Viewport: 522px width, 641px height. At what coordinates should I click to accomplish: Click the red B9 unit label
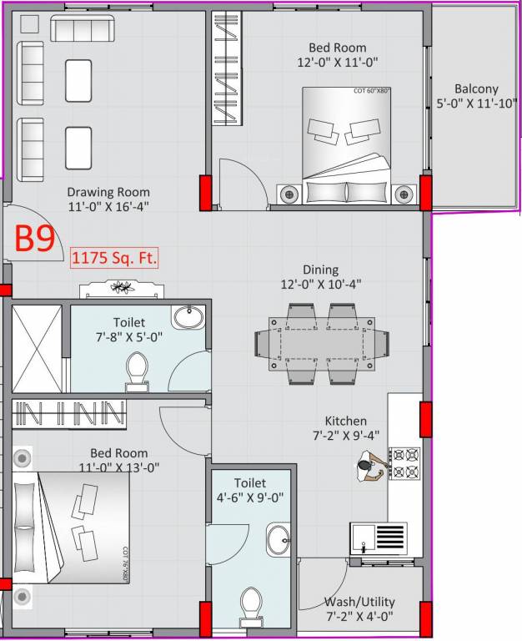pos(36,240)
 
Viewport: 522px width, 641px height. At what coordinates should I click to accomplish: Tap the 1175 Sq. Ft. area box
pos(114,258)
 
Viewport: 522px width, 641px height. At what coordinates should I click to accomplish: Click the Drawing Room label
pos(108,199)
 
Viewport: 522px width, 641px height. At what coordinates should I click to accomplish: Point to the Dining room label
pos(321,276)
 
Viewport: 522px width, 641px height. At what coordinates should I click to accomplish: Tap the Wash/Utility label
pos(359,608)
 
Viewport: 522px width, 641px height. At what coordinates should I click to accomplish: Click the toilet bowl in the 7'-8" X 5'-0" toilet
pos(136,371)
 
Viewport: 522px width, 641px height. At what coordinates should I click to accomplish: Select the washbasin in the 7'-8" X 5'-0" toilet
pos(188,318)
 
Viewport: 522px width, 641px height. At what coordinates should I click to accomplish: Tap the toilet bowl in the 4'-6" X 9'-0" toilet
pos(250,604)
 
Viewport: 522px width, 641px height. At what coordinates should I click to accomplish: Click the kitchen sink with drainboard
pos(379,538)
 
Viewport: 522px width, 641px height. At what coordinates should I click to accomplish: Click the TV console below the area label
pos(123,289)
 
